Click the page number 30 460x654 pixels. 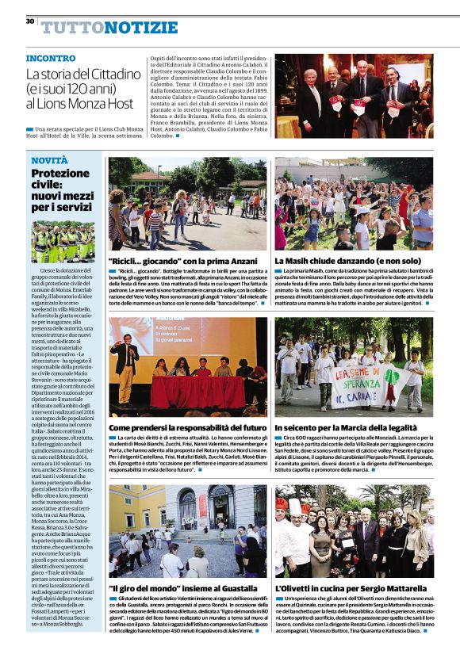(29, 21)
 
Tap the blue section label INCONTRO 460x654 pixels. (51, 59)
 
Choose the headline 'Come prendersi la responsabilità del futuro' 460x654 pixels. (187, 428)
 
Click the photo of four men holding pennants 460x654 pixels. (354, 97)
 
